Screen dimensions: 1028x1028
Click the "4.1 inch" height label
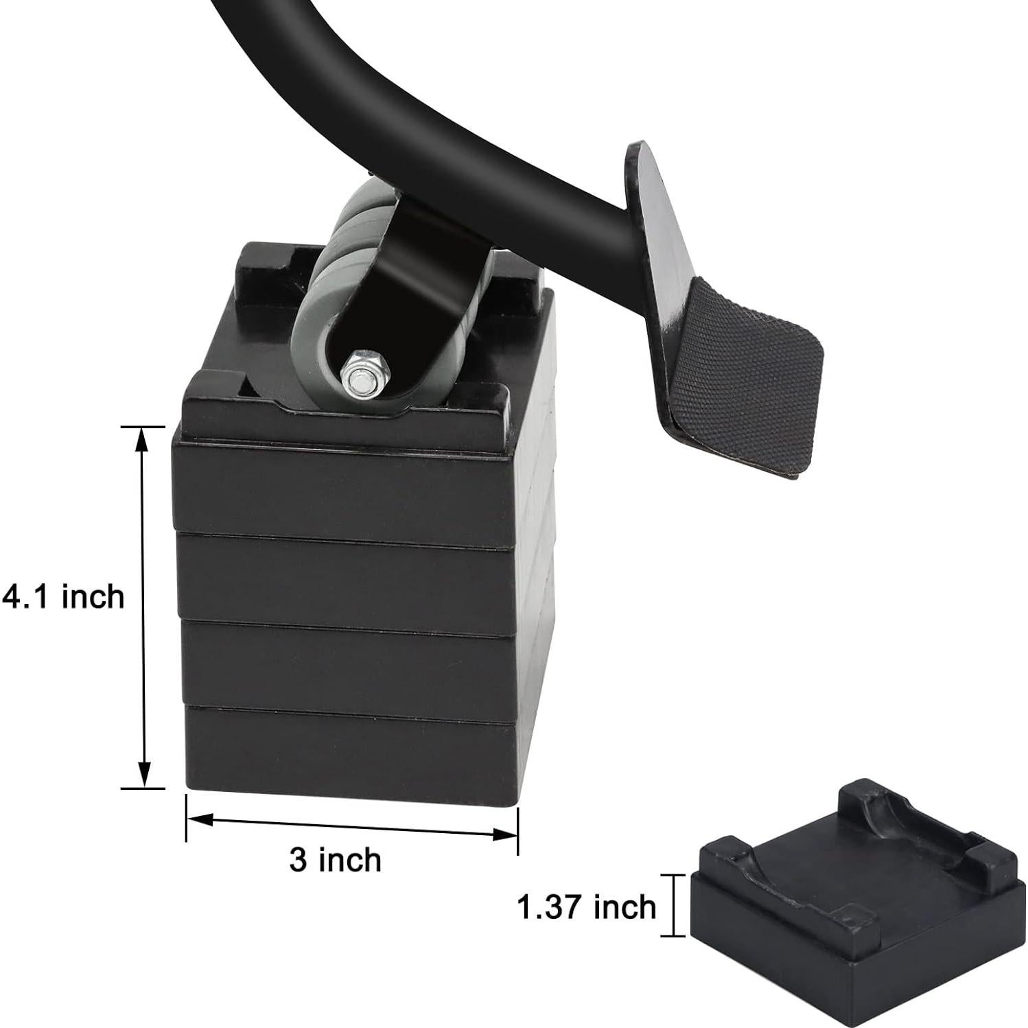pos(63,596)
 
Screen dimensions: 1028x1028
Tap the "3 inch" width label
pos(335,860)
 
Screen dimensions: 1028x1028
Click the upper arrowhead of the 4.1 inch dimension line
pos(143,438)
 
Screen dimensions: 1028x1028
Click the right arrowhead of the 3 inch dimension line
pos(507,834)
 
